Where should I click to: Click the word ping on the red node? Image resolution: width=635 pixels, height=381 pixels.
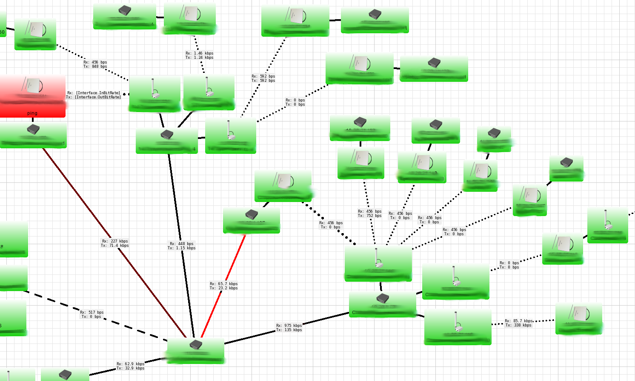coord(32,113)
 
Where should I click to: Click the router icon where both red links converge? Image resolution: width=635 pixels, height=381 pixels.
coord(195,344)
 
